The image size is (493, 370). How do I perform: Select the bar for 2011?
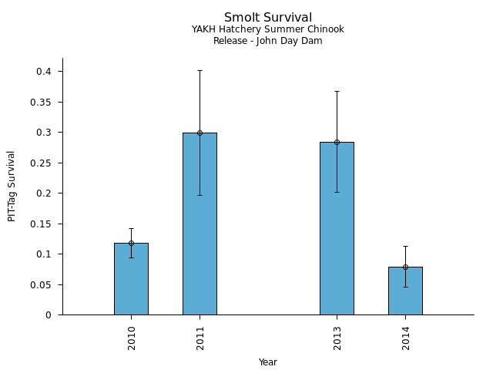[200, 224]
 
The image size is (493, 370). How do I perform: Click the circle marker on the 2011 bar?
[200, 133]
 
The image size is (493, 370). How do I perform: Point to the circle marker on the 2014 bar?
[405, 267]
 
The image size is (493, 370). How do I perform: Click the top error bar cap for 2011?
[200, 71]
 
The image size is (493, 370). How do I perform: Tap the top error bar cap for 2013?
[337, 91]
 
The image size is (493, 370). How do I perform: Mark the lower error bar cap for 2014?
[405, 287]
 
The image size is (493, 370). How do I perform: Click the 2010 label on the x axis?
[132, 338]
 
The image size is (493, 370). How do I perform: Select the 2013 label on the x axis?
[337, 338]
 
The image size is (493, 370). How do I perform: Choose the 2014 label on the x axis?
[406, 338]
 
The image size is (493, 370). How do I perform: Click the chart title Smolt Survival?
[268, 17]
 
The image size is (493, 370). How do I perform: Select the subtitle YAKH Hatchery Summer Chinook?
[268, 29]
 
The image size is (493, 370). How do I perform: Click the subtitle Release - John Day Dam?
[268, 41]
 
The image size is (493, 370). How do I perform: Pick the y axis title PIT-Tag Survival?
[12, 186]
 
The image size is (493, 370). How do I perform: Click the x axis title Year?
[268, 362]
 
